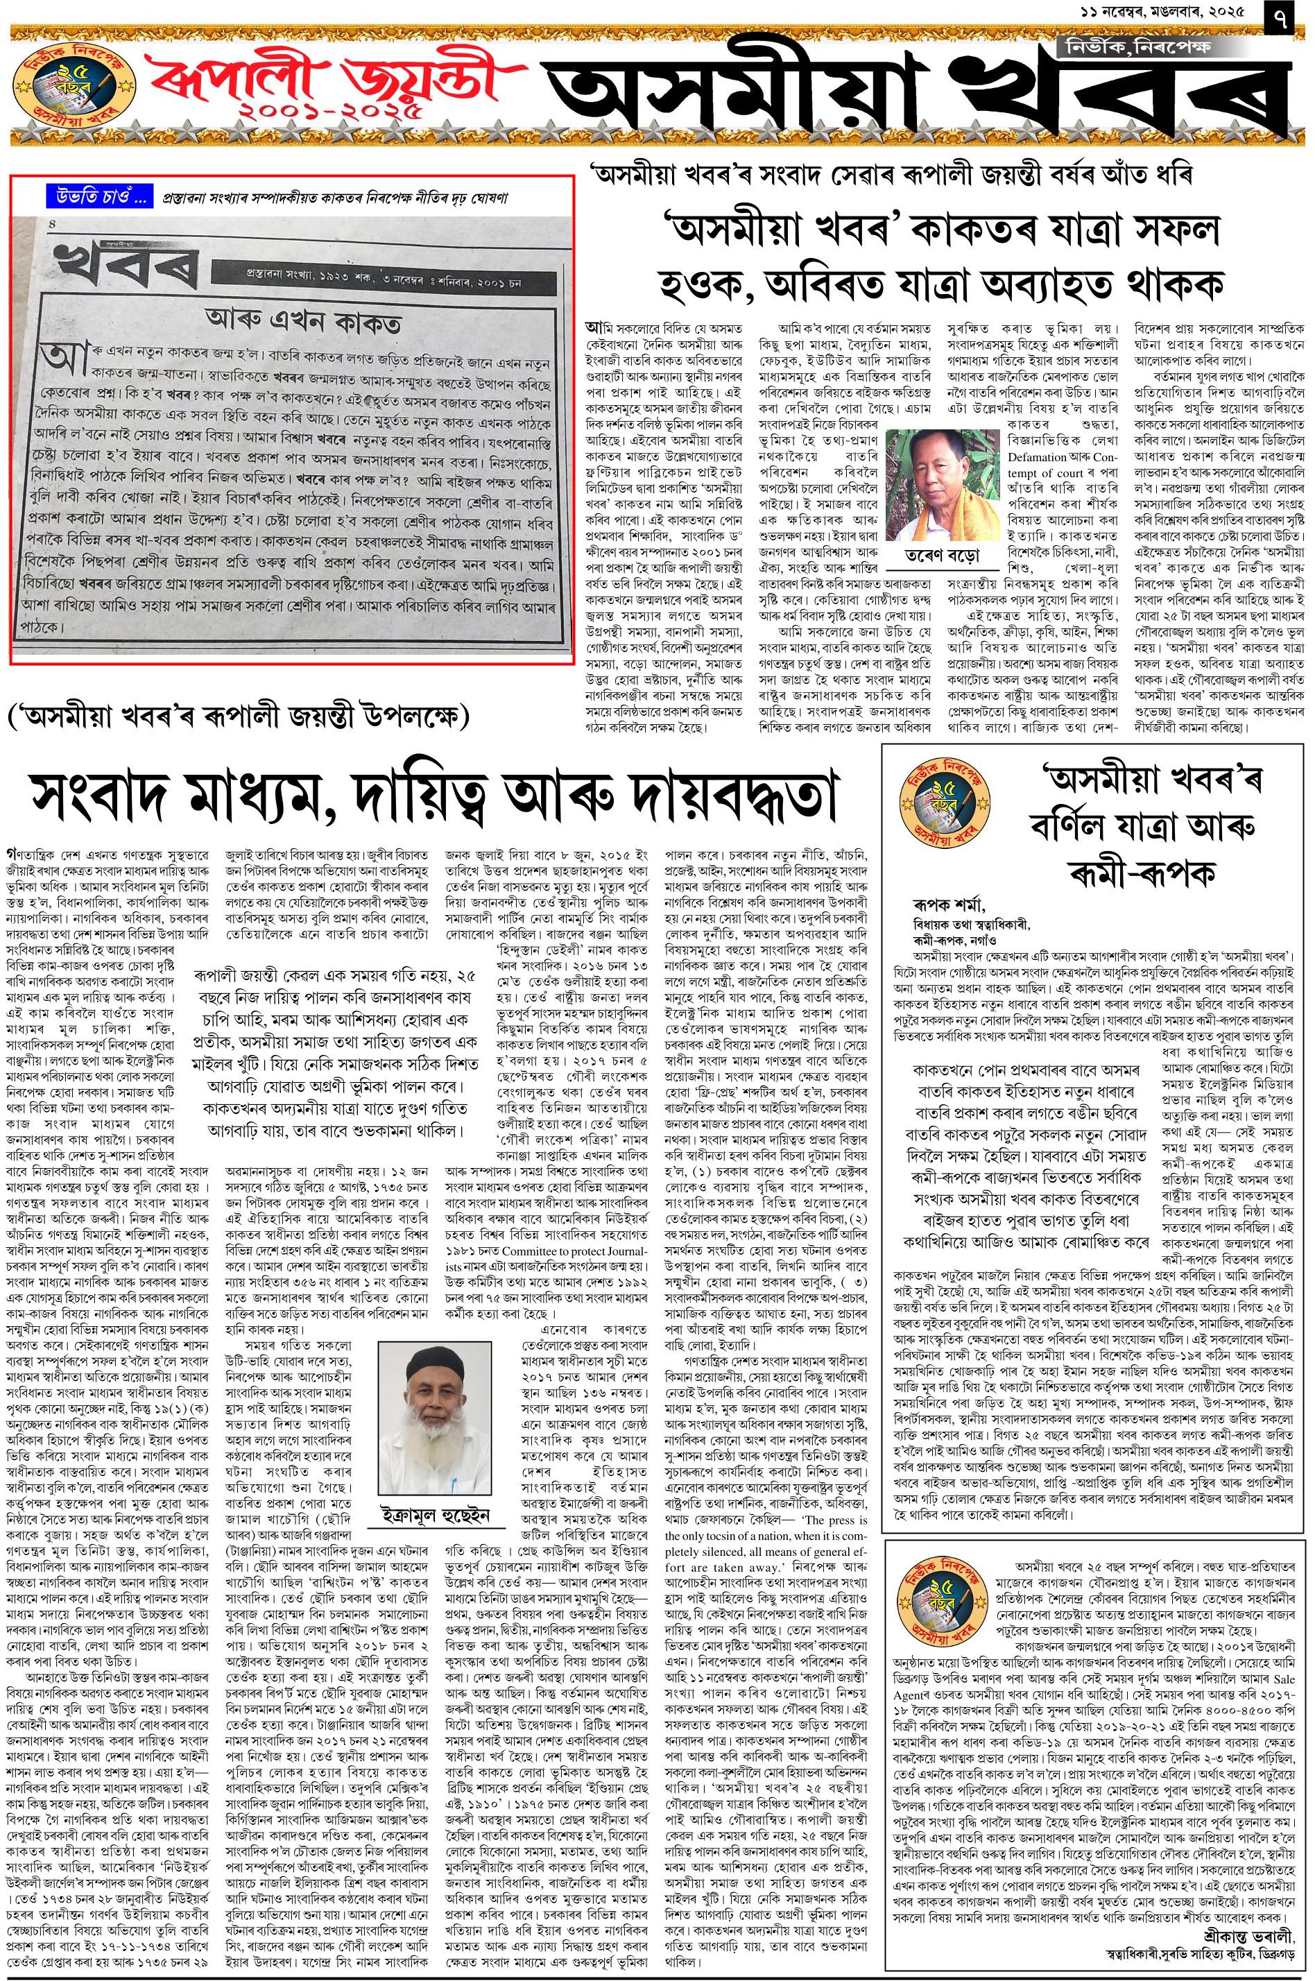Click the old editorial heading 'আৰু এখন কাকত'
coord(304,323)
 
